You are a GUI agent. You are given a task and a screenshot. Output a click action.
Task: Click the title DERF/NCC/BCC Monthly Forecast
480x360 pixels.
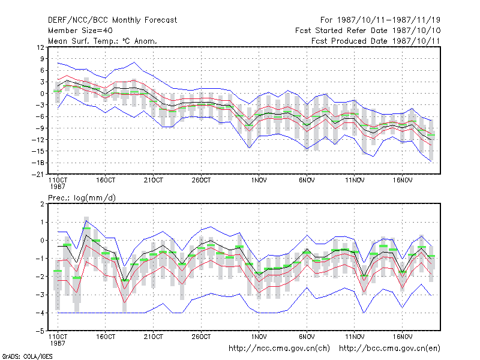click(x=112, y=20)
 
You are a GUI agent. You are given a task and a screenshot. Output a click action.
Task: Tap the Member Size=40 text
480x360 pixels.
click(x=80, y=31)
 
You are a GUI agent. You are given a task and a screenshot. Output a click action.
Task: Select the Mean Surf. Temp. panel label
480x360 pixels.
click(x=102, y=41)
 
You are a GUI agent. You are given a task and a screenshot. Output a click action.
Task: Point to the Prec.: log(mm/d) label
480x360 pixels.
click(x=82, y=198)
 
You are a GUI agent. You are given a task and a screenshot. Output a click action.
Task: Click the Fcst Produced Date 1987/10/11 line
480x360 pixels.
click(x=376, y=41)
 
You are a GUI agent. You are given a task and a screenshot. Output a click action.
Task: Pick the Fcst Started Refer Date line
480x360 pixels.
click(x=368, y=31)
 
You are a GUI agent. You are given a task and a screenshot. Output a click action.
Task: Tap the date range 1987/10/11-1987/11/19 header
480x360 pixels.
click(x=380, y=20)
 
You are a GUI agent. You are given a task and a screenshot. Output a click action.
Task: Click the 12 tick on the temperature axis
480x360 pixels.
click(x=40, y=47)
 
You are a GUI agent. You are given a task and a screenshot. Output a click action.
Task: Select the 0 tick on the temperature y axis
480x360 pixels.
click(x=42, y=94)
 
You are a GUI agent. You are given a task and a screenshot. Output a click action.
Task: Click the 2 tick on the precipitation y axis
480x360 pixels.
click(x=42, y=204)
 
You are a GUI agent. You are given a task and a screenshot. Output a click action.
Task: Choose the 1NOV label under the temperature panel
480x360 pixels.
click(x=259, y=181)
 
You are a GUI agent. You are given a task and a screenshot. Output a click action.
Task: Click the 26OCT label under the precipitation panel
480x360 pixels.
click(x=201, y=337)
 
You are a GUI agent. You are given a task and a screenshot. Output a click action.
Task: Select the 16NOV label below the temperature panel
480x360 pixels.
click(x=403, y=181)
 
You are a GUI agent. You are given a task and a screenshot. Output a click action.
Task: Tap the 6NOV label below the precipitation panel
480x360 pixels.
click(x=307, y=337)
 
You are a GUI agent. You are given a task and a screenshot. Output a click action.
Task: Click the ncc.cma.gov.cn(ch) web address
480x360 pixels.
click(x=280, y=349)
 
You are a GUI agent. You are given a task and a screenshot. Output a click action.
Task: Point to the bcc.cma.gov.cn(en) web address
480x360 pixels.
click(x=389, y=349)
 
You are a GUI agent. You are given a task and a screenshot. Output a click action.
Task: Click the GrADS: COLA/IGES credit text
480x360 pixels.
click(x=27, y=356)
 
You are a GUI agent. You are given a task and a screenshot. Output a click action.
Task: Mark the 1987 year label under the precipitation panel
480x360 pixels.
click(x=58, y=343)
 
